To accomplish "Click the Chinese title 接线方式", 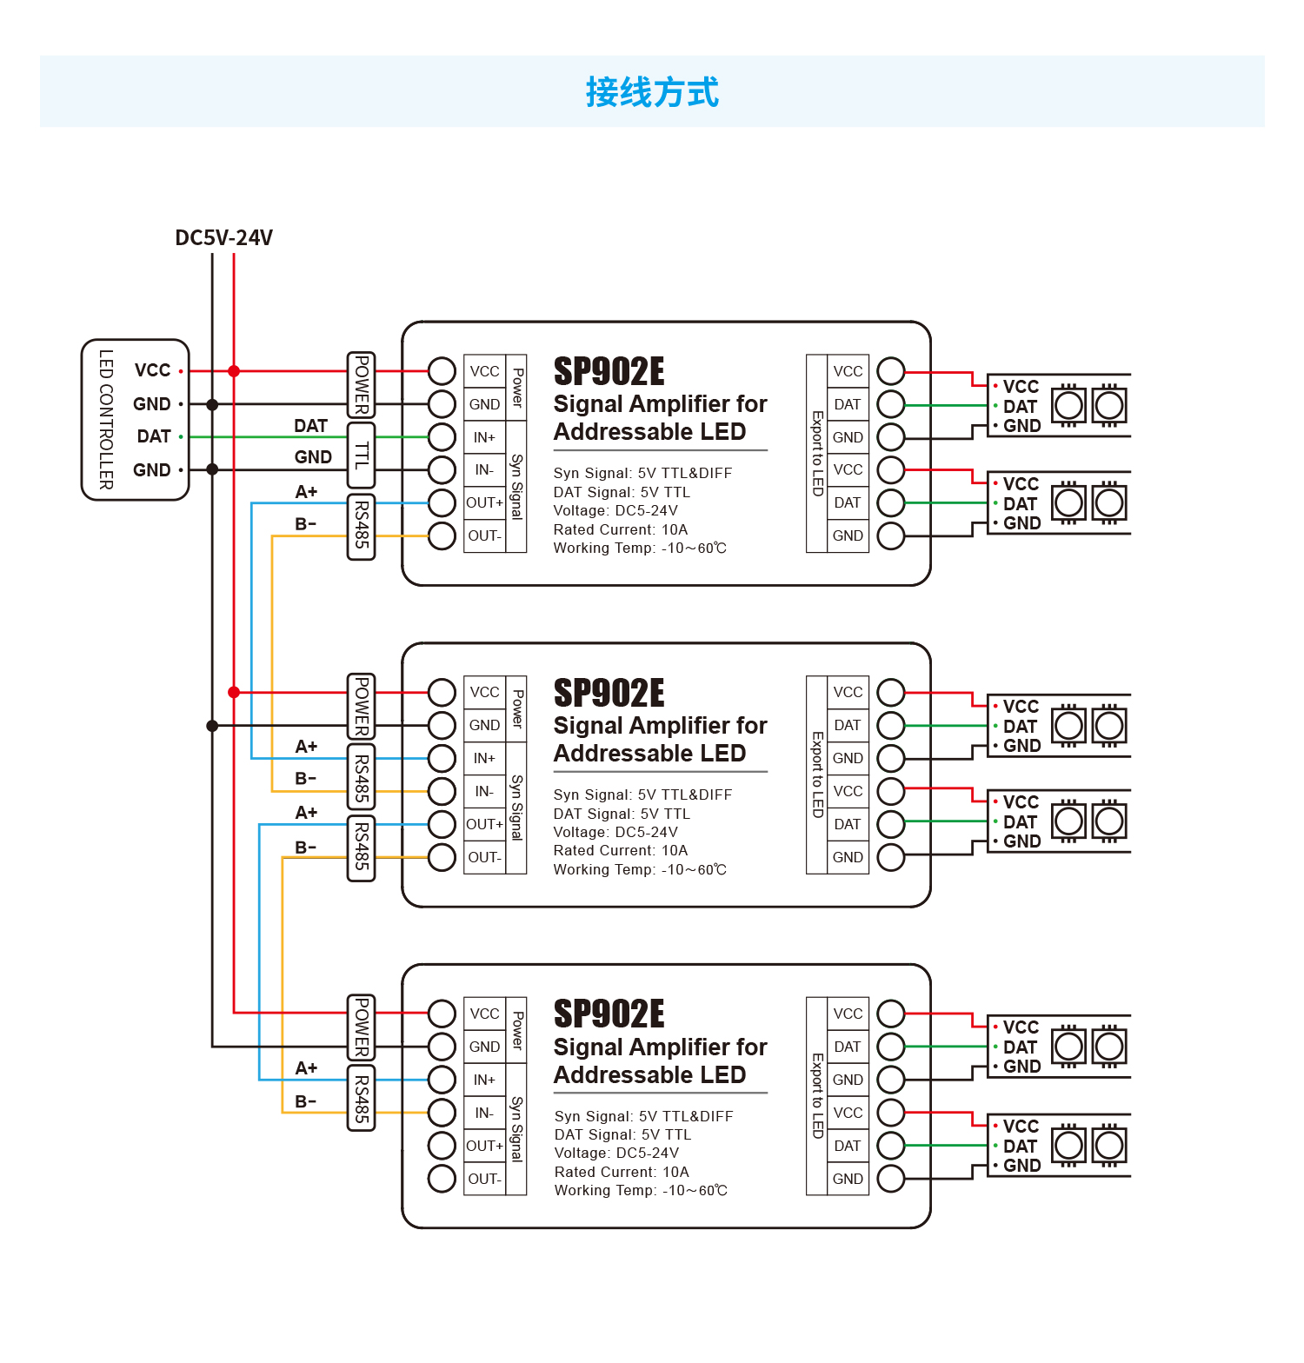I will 652,92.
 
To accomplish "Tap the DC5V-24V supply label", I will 223,238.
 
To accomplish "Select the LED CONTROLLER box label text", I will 106,420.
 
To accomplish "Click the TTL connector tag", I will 361,455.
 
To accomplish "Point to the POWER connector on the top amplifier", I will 361,385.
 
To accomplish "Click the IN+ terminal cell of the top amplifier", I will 484,437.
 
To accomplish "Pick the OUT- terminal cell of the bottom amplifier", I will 484,1179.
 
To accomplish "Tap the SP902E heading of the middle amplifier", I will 609,694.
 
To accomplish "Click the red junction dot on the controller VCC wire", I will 234,371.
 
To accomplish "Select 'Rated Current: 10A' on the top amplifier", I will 621,529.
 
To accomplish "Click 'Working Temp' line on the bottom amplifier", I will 641,1190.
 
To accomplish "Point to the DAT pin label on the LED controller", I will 154,436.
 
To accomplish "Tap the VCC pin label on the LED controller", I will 153,370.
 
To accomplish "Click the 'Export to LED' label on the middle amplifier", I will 817,775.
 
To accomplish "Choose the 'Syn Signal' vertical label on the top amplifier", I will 516,487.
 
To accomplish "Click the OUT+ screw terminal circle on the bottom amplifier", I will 442,1146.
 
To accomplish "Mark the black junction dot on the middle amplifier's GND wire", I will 212,726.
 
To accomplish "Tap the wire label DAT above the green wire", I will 310,426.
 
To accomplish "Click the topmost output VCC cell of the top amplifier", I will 848,371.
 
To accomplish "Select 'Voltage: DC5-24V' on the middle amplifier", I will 615,832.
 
